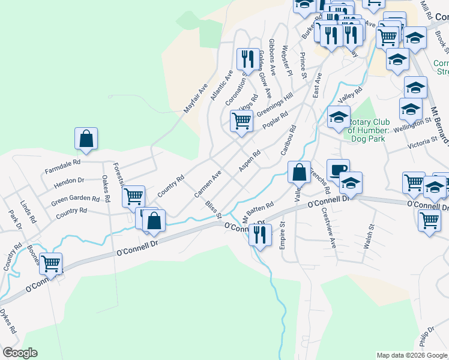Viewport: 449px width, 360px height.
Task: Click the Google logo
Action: (x=20, y=353)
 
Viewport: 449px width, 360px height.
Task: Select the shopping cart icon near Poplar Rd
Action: (x=241, y=121)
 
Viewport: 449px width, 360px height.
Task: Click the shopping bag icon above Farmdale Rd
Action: (x=86, y=139)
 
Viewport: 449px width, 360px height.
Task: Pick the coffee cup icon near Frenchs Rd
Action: (x=337, y=170)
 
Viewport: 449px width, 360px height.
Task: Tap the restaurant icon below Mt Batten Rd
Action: (x=260, y=235)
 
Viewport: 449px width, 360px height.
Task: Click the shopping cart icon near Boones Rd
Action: (x=51, y=263)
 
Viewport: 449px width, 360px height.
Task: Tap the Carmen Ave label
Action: (x=208, y=183)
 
